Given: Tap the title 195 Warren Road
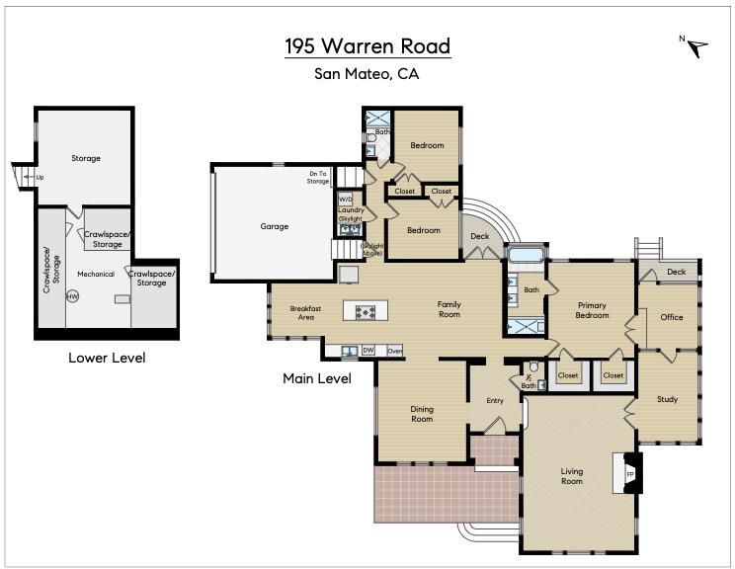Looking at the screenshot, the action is (x=367, y=45).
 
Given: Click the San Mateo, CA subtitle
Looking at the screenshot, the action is (x=367, y=74).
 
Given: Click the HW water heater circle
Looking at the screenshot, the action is (x=73, y=296).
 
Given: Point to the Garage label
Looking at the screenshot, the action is (x=275, y=226).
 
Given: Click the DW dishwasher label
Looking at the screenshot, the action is (x=368, y=350).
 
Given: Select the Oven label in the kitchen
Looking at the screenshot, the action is (x=395, y=351).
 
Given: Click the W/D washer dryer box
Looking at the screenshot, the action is (x=345, y=200).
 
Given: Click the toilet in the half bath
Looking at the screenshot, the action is (x=533, y=366).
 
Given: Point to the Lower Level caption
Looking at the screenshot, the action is (x=107, y=358).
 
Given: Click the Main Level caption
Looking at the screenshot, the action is (x=317, y=378).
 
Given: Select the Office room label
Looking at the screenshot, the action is (x=671, y=317).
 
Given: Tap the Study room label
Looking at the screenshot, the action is (x=667, y=399).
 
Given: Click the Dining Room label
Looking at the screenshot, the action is (x=422, y=414).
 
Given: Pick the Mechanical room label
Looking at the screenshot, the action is (x=96, y=275).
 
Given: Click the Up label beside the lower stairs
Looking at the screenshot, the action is (x=40, y=178).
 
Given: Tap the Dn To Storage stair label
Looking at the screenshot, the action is (x=318, y=177).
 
